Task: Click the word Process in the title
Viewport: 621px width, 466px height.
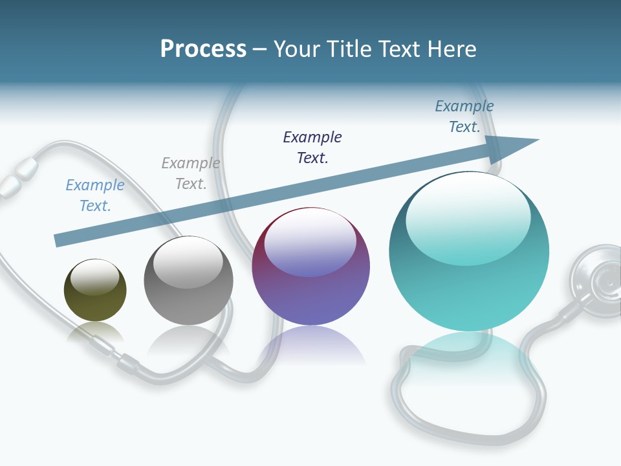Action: click(203, 49)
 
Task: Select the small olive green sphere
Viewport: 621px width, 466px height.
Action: click(95, 290)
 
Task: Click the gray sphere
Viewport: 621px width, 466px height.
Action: click(188, 280)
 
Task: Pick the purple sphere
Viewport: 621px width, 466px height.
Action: click(310, 267)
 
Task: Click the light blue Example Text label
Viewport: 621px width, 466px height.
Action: click(94, 195)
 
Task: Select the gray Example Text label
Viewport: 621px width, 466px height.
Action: click(190, 173)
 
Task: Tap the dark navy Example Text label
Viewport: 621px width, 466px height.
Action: click(312, 147)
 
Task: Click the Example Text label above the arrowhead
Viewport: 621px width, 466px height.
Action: click(464, 116)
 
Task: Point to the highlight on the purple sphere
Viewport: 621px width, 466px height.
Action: click(310, 243)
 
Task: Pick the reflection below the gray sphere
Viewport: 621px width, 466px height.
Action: click(188, 340)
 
